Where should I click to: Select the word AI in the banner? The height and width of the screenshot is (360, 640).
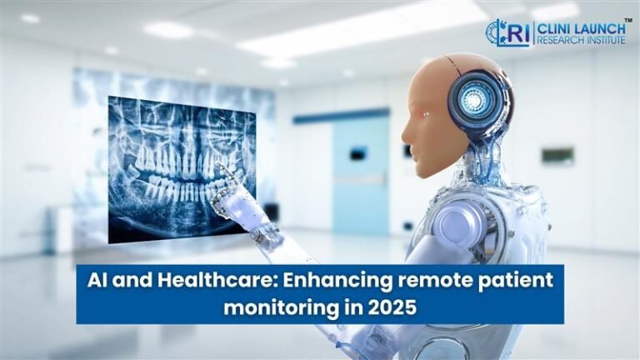[x=98, y=281]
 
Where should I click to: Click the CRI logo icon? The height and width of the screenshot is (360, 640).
[x=507, y=32]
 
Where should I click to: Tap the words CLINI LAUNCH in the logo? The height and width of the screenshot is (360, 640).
[x=580, y=26]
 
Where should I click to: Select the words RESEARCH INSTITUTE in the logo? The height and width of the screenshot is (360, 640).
[x=580, y=39]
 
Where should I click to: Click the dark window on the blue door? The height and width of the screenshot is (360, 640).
[x=359, y=152]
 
